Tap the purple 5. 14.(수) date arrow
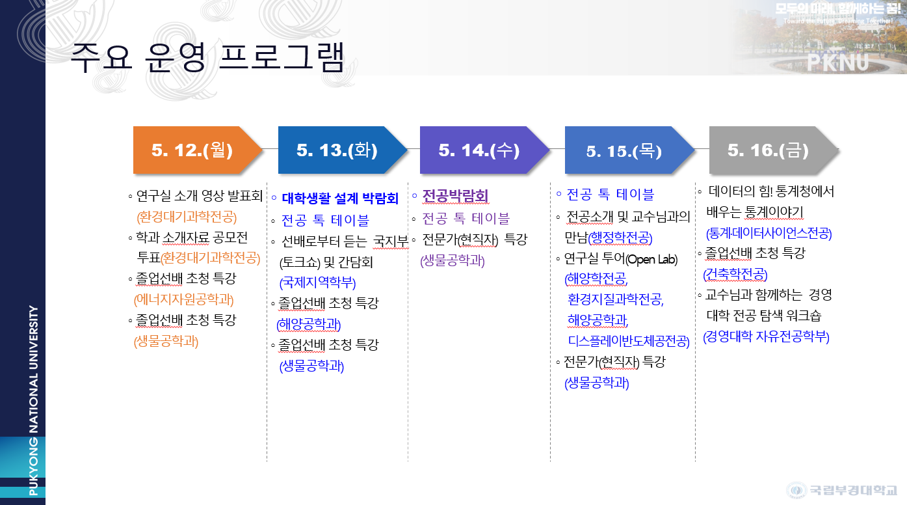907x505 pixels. point(484,150)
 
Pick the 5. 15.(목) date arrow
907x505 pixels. point(629,150)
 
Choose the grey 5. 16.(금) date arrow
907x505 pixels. point(774,150)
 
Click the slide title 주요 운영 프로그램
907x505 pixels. point(207,57)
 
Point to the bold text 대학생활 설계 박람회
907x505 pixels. point(340,198)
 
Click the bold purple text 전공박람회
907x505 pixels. point(455,196)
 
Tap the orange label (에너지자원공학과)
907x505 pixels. point(184,299)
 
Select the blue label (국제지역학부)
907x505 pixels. point(317,282)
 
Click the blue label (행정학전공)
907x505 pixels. point(620,238)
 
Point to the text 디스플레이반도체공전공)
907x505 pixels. point(629,341)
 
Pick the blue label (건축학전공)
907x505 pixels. point(735,275)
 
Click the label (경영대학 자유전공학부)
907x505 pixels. point(766,336)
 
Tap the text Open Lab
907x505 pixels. point(651,259)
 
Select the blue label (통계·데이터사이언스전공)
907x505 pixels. point(769,233)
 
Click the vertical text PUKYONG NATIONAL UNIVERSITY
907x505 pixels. point(33,400)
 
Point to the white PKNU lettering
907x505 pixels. point(838,62)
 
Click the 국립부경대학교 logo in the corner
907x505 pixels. point(841,490)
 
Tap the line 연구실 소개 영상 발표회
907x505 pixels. point(200,196)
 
